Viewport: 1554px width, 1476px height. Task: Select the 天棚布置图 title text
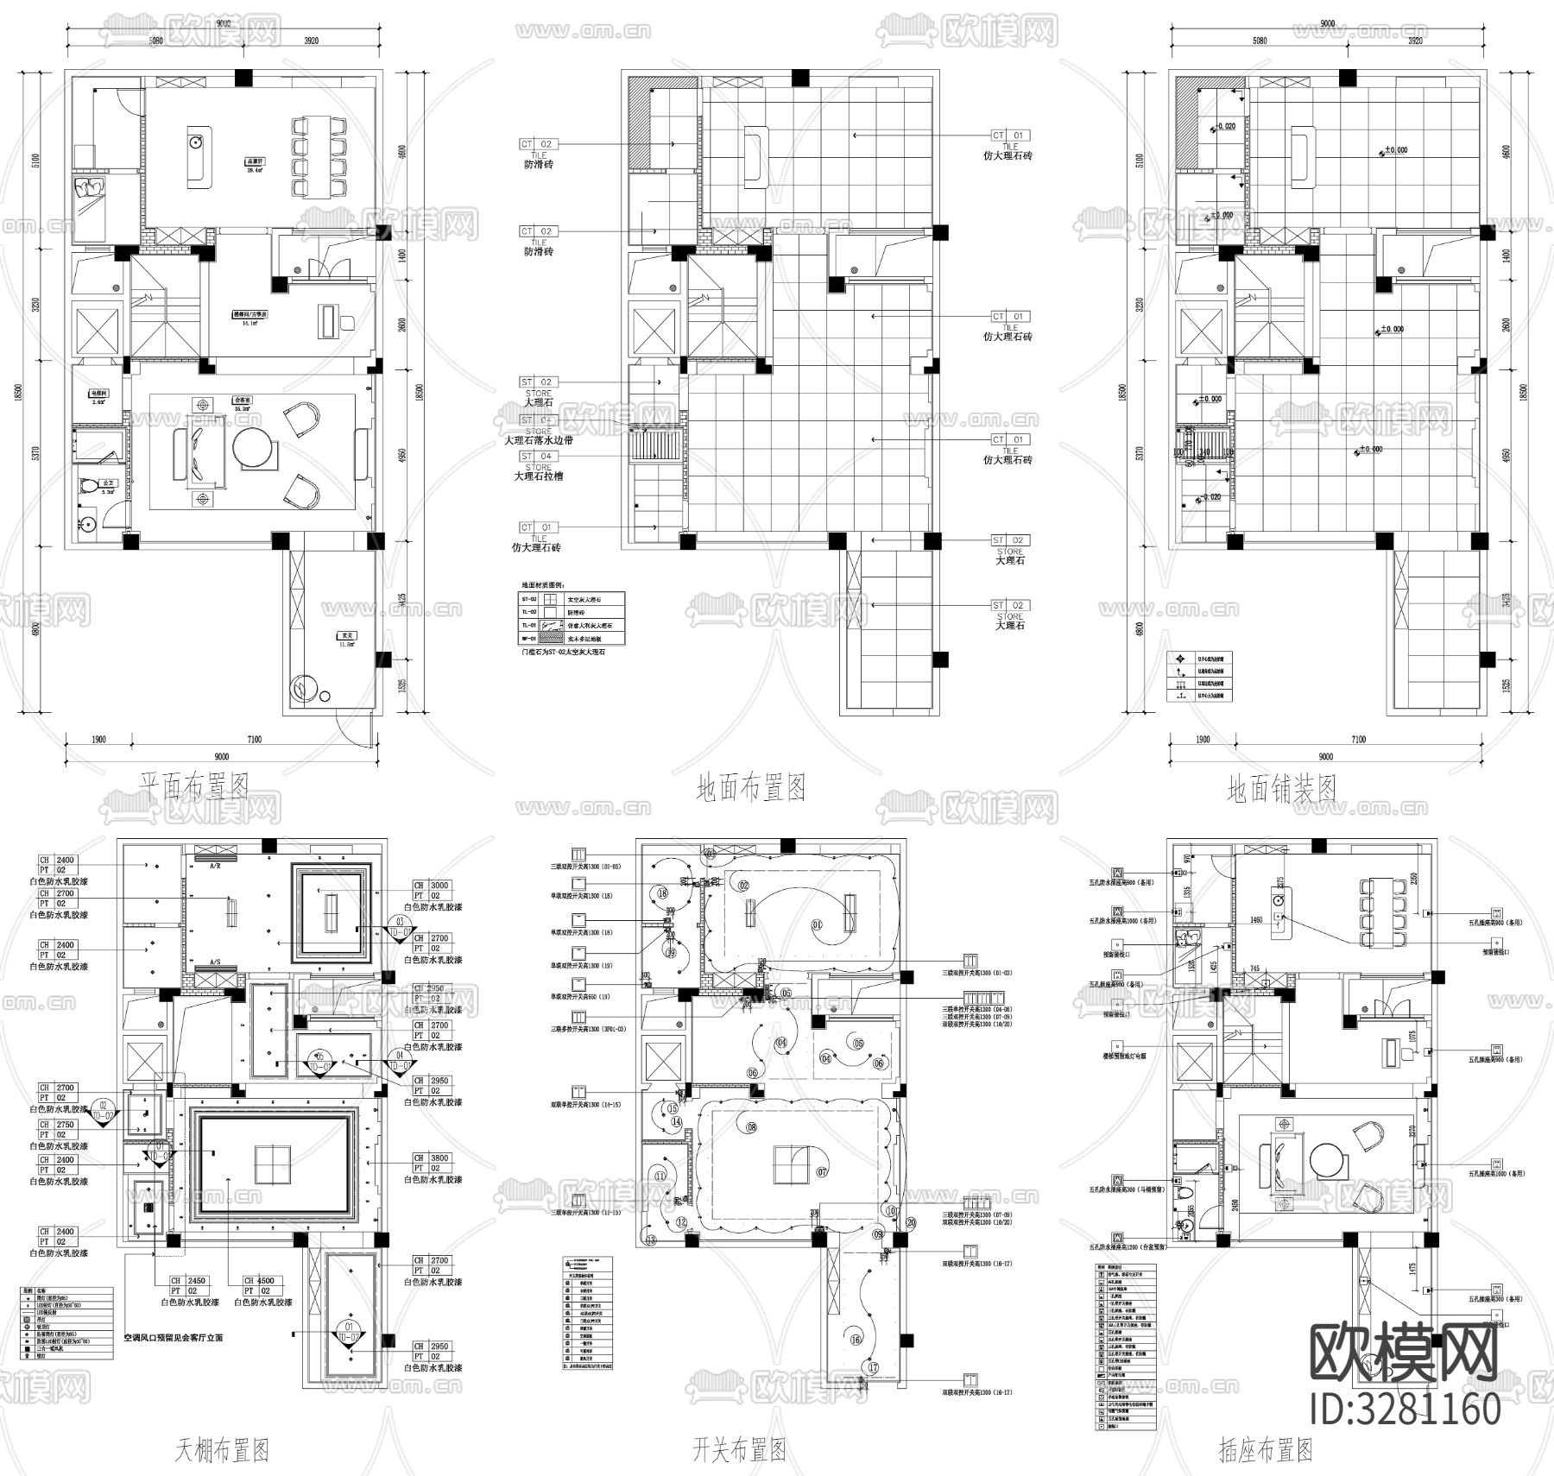222,1449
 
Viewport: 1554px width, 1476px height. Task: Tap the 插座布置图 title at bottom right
1265,1449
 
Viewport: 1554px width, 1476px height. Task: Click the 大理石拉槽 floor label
539,476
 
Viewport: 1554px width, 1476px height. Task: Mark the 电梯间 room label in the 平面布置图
98,392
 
